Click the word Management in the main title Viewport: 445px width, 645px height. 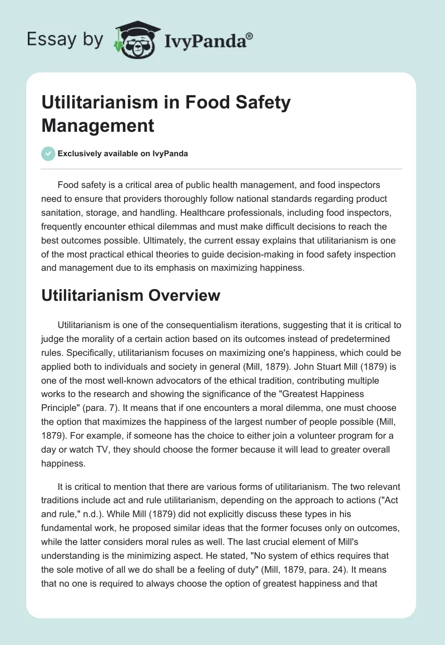98,125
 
